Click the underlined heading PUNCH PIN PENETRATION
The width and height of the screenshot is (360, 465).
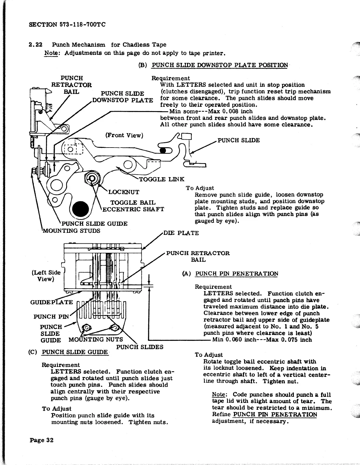click(236, 274)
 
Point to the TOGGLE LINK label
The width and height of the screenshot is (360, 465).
click(161, 179)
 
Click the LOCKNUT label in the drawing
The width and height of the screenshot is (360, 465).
click(124, 192)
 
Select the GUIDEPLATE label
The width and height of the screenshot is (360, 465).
click(51, 302)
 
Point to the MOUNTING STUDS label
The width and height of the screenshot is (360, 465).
click(71, 231)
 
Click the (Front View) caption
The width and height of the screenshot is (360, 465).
click(124, 135)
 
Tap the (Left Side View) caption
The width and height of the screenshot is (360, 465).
click(46, 276)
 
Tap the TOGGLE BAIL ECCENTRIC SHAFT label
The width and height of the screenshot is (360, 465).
click(133, 206)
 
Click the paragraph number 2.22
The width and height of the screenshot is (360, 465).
click(36, 45)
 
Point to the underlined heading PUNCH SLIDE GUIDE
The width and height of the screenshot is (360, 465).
click(75, 352)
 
